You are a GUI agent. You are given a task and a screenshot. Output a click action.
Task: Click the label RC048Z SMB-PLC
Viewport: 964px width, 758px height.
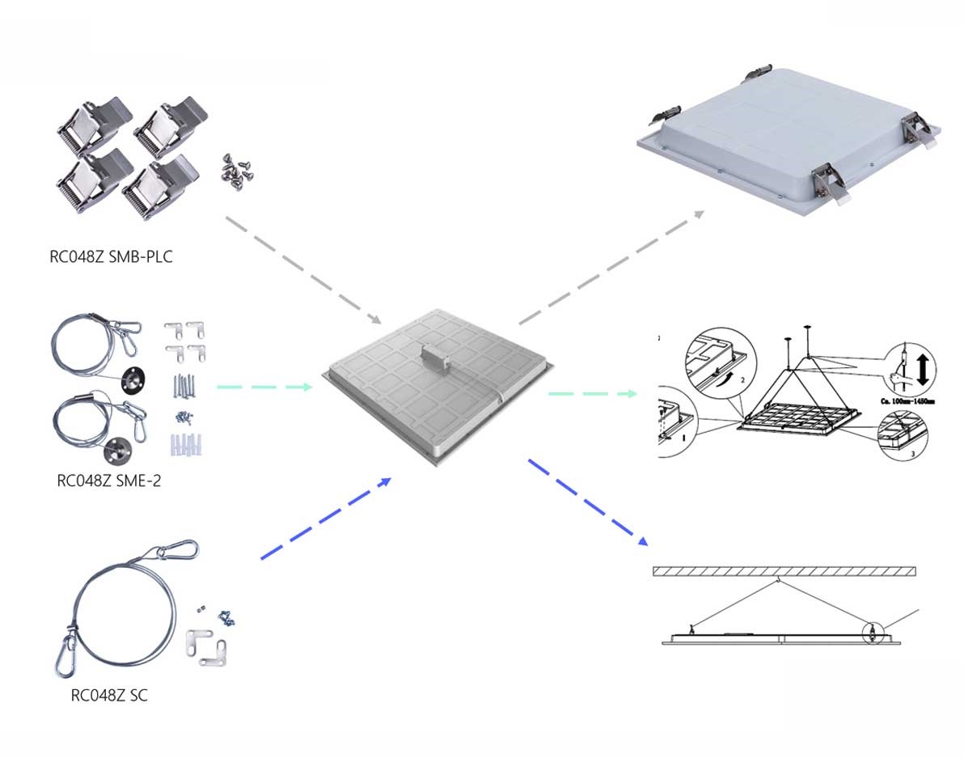click(112, 258)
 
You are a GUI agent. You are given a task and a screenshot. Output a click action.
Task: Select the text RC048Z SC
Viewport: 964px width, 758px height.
click(109, 695)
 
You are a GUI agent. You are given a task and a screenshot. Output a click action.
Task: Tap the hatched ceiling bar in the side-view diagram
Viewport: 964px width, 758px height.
click(784, 571)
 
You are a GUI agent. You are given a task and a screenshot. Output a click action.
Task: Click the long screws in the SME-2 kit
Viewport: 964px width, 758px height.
click(184, 387)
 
